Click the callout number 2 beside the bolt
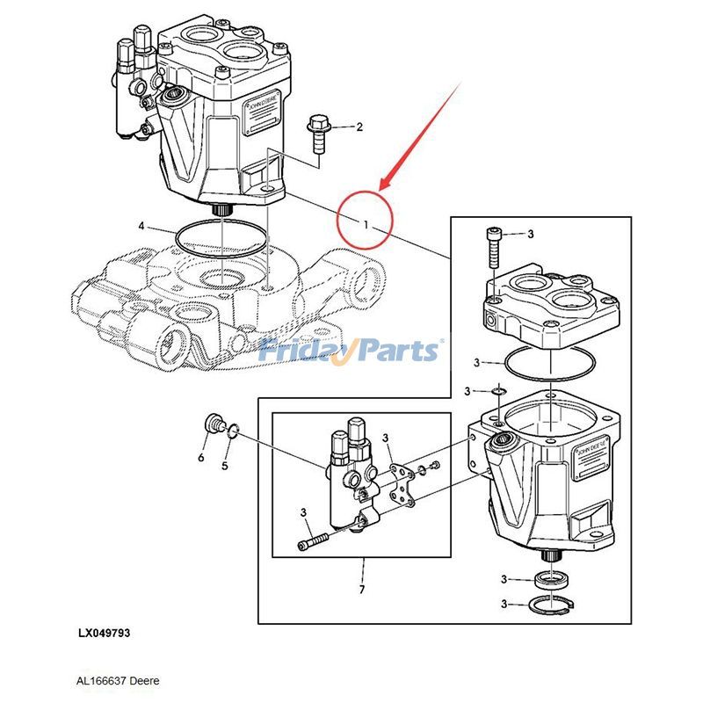359,127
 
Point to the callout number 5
224,466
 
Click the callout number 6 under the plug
200,458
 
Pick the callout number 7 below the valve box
361,589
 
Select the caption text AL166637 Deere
118,680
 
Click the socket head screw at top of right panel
493,246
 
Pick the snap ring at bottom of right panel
551,605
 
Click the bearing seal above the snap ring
551,579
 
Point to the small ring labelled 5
233,431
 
